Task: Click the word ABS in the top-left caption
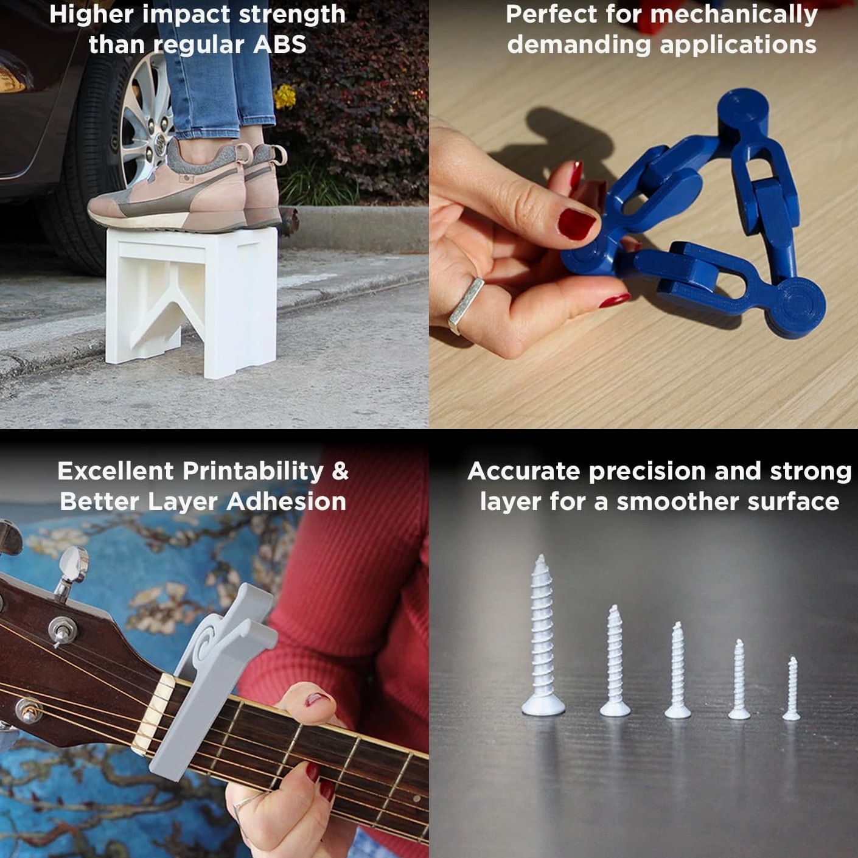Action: tap(280, 44)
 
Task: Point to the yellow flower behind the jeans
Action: tap(285, 96)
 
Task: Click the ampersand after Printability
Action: tap(340, 471)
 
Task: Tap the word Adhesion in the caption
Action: tap(286, 502)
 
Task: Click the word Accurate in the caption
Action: tap(523, 471)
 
